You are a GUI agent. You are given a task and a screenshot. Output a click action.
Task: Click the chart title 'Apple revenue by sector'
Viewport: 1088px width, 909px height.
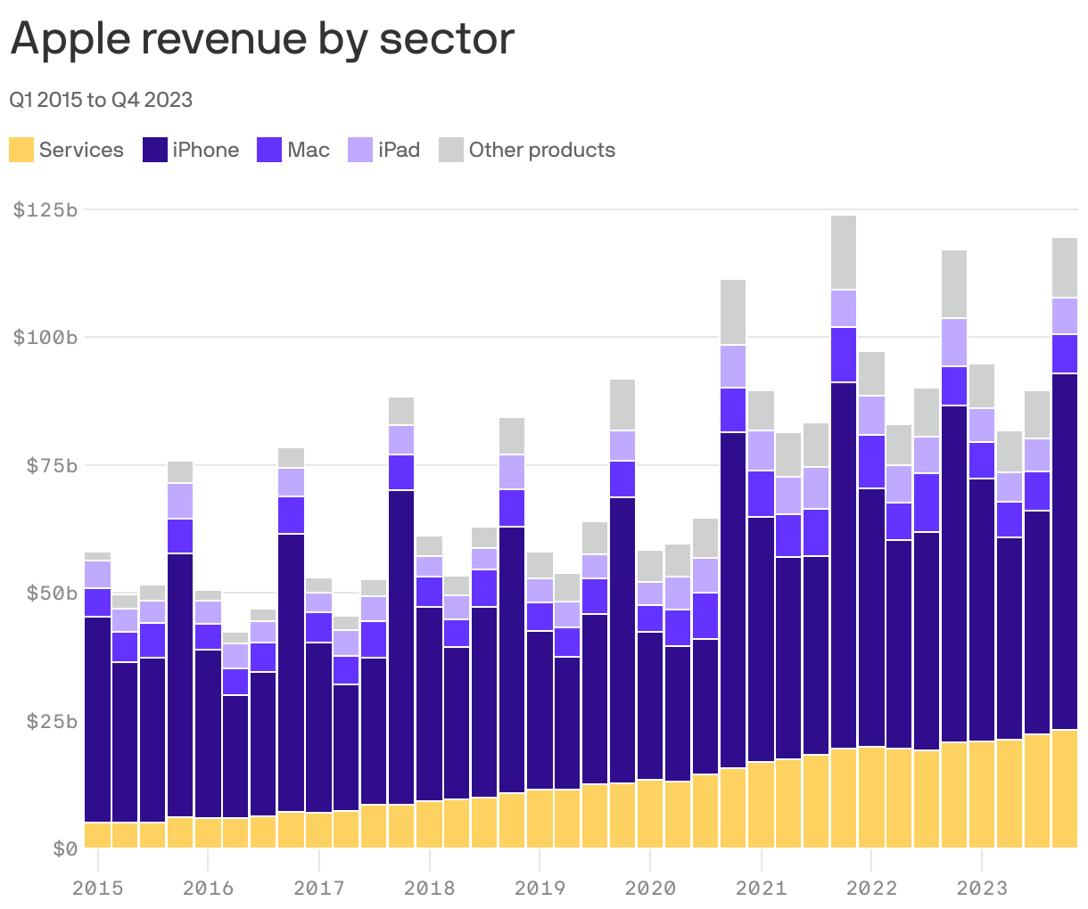coord(262,39)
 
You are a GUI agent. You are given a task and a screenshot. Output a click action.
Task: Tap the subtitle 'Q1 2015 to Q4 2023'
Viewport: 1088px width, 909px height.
coord(101,100)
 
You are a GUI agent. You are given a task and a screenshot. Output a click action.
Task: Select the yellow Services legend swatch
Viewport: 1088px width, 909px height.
coord(21,150)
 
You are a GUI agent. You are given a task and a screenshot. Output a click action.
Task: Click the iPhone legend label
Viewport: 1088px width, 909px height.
coord(205,150)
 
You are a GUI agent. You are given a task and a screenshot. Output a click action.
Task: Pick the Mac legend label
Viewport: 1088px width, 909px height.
coord(309,150)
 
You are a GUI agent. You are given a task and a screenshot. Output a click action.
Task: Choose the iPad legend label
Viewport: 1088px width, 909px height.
coord(399,150)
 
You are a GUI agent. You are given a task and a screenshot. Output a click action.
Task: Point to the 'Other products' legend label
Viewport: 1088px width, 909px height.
coord(541,150)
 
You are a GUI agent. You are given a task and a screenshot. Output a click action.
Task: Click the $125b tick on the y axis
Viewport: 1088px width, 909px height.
coord(45,210)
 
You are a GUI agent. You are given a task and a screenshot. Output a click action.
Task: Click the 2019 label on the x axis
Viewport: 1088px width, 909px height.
coord(540,888)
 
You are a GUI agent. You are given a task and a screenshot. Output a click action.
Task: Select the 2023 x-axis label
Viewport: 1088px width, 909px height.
coord(981,888)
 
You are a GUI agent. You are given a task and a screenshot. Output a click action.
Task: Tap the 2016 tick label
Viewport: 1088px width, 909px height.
coord(208,888)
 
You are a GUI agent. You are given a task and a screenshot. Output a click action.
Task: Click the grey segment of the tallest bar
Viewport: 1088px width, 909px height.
coord(843,252)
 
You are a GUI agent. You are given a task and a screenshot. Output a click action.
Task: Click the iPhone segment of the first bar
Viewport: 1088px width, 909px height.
coord(97,718)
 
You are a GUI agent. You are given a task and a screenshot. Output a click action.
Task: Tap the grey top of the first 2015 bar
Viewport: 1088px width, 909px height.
coord(97,556)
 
